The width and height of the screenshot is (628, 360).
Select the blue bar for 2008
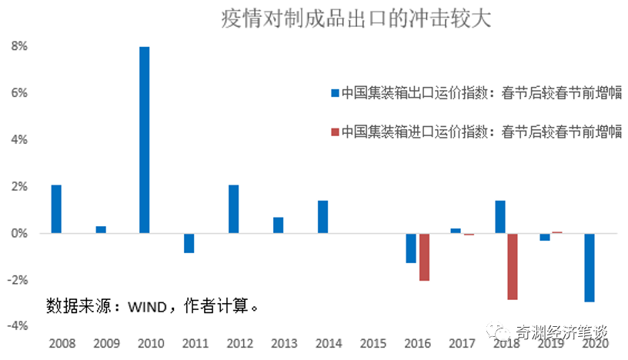(x=56, y=208)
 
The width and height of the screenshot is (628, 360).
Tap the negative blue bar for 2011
(x=189, y=242)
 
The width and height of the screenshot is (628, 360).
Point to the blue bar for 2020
(x=590, y=267)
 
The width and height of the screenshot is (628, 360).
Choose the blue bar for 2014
(x=323, y=216)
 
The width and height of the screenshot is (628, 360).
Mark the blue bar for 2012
(x=234, y=208)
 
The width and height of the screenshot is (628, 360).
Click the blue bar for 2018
(x=500, y=216)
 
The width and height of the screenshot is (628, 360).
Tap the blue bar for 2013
(x=278, y=225)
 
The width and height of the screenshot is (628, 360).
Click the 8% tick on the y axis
(x=19, y=46)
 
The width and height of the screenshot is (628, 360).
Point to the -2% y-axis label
(x=18, y=279)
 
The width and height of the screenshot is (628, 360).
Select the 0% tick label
(x=19, y=233)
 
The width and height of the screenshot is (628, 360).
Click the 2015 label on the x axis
(x=372, y=342)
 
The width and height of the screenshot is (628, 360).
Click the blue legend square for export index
(x=335, y=93)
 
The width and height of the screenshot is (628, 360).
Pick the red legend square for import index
(x=335, y=131)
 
